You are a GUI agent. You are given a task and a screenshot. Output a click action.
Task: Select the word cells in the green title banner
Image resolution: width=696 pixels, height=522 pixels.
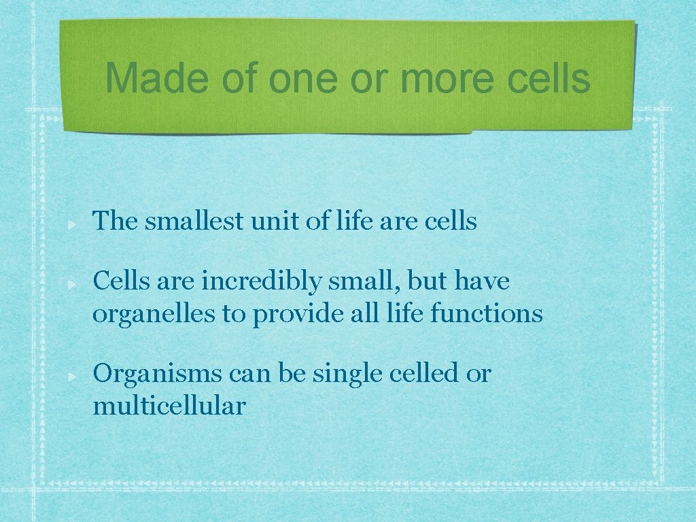coord(549,78)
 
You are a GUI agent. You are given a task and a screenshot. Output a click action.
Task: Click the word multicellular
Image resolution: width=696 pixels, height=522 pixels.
coord(169,406)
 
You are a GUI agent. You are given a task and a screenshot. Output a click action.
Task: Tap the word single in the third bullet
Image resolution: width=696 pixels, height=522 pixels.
coord(343,374)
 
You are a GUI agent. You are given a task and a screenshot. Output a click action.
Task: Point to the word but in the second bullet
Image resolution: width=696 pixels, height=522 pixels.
coord(425,281)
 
